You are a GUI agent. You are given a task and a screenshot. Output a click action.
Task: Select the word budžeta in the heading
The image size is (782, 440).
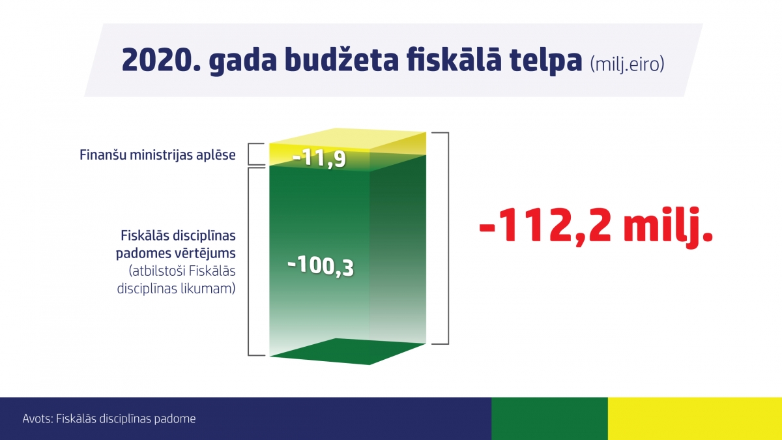pos(341,59)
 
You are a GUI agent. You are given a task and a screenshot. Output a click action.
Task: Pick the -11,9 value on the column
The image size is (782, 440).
pos(319,158)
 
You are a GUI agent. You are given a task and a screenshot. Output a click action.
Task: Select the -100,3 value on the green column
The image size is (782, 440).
pos(321,267)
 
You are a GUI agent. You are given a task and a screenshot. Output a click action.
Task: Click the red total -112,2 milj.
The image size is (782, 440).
pos(596,226)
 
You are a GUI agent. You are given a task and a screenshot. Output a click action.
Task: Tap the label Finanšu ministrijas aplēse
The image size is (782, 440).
pos(158,155)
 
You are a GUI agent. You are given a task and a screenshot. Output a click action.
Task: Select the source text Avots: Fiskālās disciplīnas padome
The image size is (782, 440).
pos(109,418)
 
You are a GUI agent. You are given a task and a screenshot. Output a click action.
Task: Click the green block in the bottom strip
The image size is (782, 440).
pos(549,418)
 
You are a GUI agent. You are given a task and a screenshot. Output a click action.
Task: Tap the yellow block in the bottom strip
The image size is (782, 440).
pos(695,418)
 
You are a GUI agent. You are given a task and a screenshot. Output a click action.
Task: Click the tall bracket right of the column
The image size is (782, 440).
pos(448,238)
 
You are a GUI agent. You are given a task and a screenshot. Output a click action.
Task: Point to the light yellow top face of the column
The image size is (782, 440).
pos(348,140)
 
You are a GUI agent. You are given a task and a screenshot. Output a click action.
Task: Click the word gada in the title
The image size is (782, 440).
pos(243,61)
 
